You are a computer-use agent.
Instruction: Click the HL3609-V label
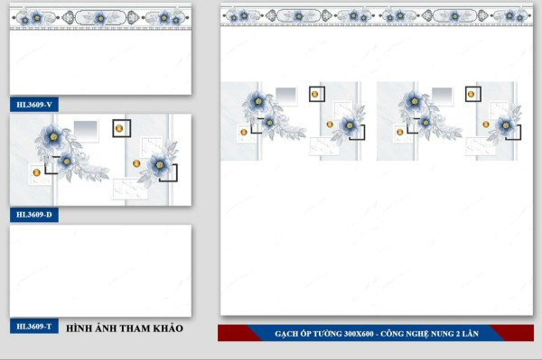[34, 105]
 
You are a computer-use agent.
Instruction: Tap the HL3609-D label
[34, 215]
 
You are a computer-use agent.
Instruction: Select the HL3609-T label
[34, 327]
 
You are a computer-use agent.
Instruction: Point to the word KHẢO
[168, 328]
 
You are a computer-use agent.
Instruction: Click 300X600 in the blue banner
[359, 334]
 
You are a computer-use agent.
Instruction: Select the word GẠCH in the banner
[285, 334]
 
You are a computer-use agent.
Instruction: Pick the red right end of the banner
[515, 333]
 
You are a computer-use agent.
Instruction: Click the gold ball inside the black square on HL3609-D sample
[119, 128]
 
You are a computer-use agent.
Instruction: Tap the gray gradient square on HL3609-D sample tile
[86, 130]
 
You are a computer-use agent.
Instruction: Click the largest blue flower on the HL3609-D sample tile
[52, 136]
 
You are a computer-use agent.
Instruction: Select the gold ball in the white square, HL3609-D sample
[37, 172]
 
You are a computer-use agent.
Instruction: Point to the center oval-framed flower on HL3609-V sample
[100, 18]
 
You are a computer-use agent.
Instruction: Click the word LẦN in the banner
[472, 334]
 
